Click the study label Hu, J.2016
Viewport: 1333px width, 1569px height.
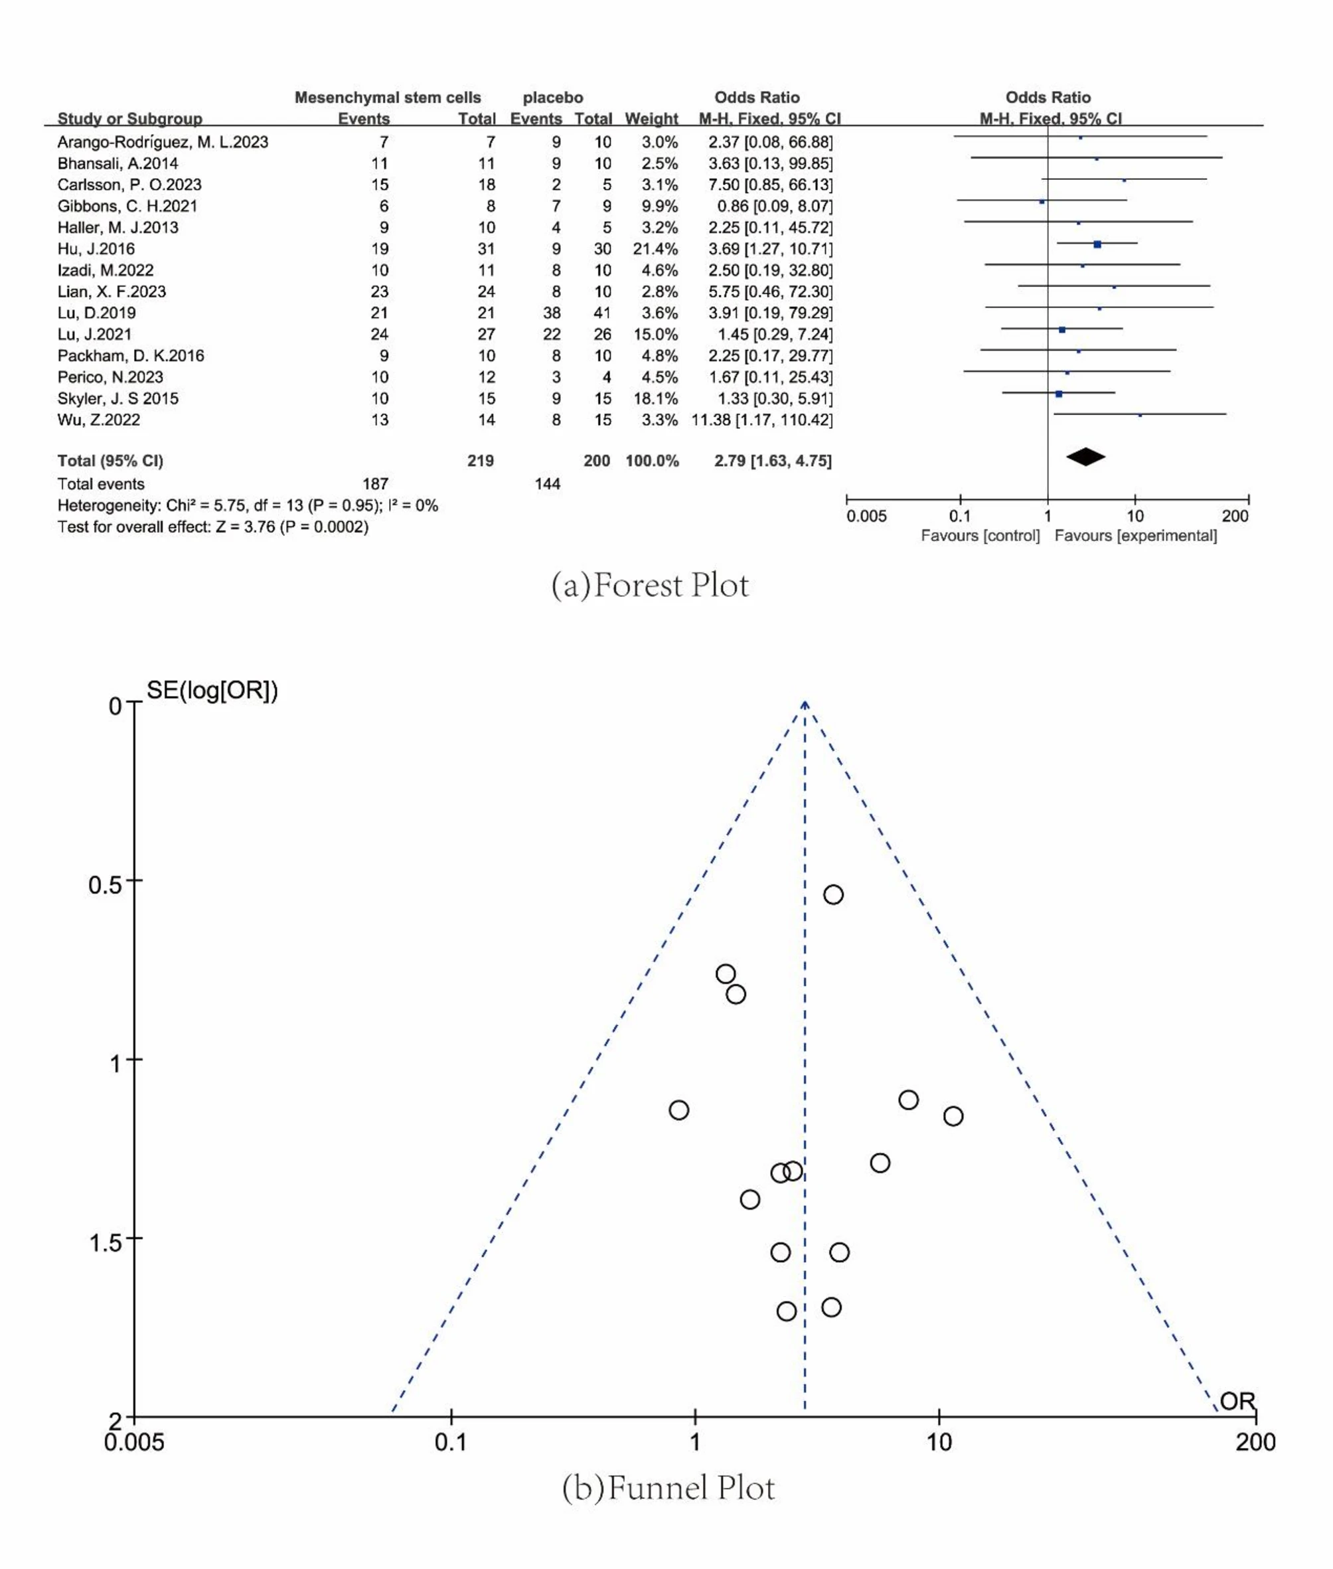[96, 248]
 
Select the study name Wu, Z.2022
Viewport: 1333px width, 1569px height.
[98, 420]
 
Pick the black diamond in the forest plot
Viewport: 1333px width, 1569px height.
[1085, 457]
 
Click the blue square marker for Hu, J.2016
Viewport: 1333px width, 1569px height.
[1097, 244]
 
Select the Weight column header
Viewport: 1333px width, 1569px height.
[651, 119]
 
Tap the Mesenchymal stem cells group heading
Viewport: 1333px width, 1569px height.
[388, 98]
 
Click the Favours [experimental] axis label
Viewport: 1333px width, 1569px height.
[1135, 536]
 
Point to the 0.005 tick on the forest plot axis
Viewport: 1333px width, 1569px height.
[866, 516]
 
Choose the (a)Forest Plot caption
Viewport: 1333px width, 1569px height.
[650, 586]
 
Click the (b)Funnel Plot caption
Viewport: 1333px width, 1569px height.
[668, 1488]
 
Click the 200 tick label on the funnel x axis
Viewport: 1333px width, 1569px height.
[1255, 1442]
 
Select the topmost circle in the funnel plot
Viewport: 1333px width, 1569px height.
[832, 895]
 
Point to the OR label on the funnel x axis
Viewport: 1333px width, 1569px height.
[1237, 1400]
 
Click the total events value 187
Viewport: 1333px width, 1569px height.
[376, 483]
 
